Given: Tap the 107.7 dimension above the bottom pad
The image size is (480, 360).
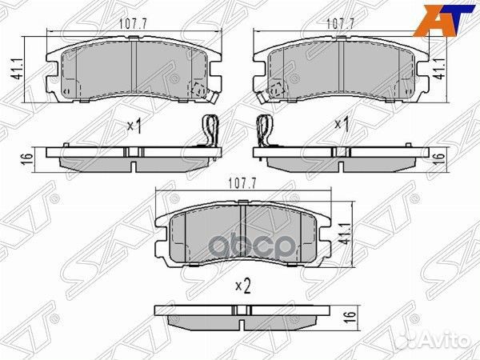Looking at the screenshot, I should click(245, 183).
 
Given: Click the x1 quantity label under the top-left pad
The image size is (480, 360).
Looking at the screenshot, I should click(135, 126).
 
